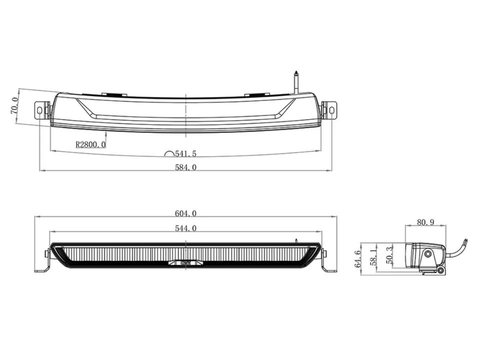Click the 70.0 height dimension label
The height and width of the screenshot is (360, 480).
pyautogui.click(x=14, y=105)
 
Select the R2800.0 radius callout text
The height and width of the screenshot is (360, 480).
pyautogui.click(x=90, y=144)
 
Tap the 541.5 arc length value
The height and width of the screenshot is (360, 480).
pyautogui.click(x=185, y=153)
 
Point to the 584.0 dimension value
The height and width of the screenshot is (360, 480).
pyautogui.click(x=185, y=167)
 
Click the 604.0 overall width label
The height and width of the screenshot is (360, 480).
pyautogui.click(x=185, y=213)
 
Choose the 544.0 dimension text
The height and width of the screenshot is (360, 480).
pyautogui.click(x=185, y=228)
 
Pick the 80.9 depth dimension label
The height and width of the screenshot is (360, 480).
pyautogui.click(x=425, y=222)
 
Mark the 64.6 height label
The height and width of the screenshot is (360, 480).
pyautogui.click(x=357, y=258)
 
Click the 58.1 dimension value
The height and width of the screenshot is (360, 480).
pyautogui.click(x=372, y=256)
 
